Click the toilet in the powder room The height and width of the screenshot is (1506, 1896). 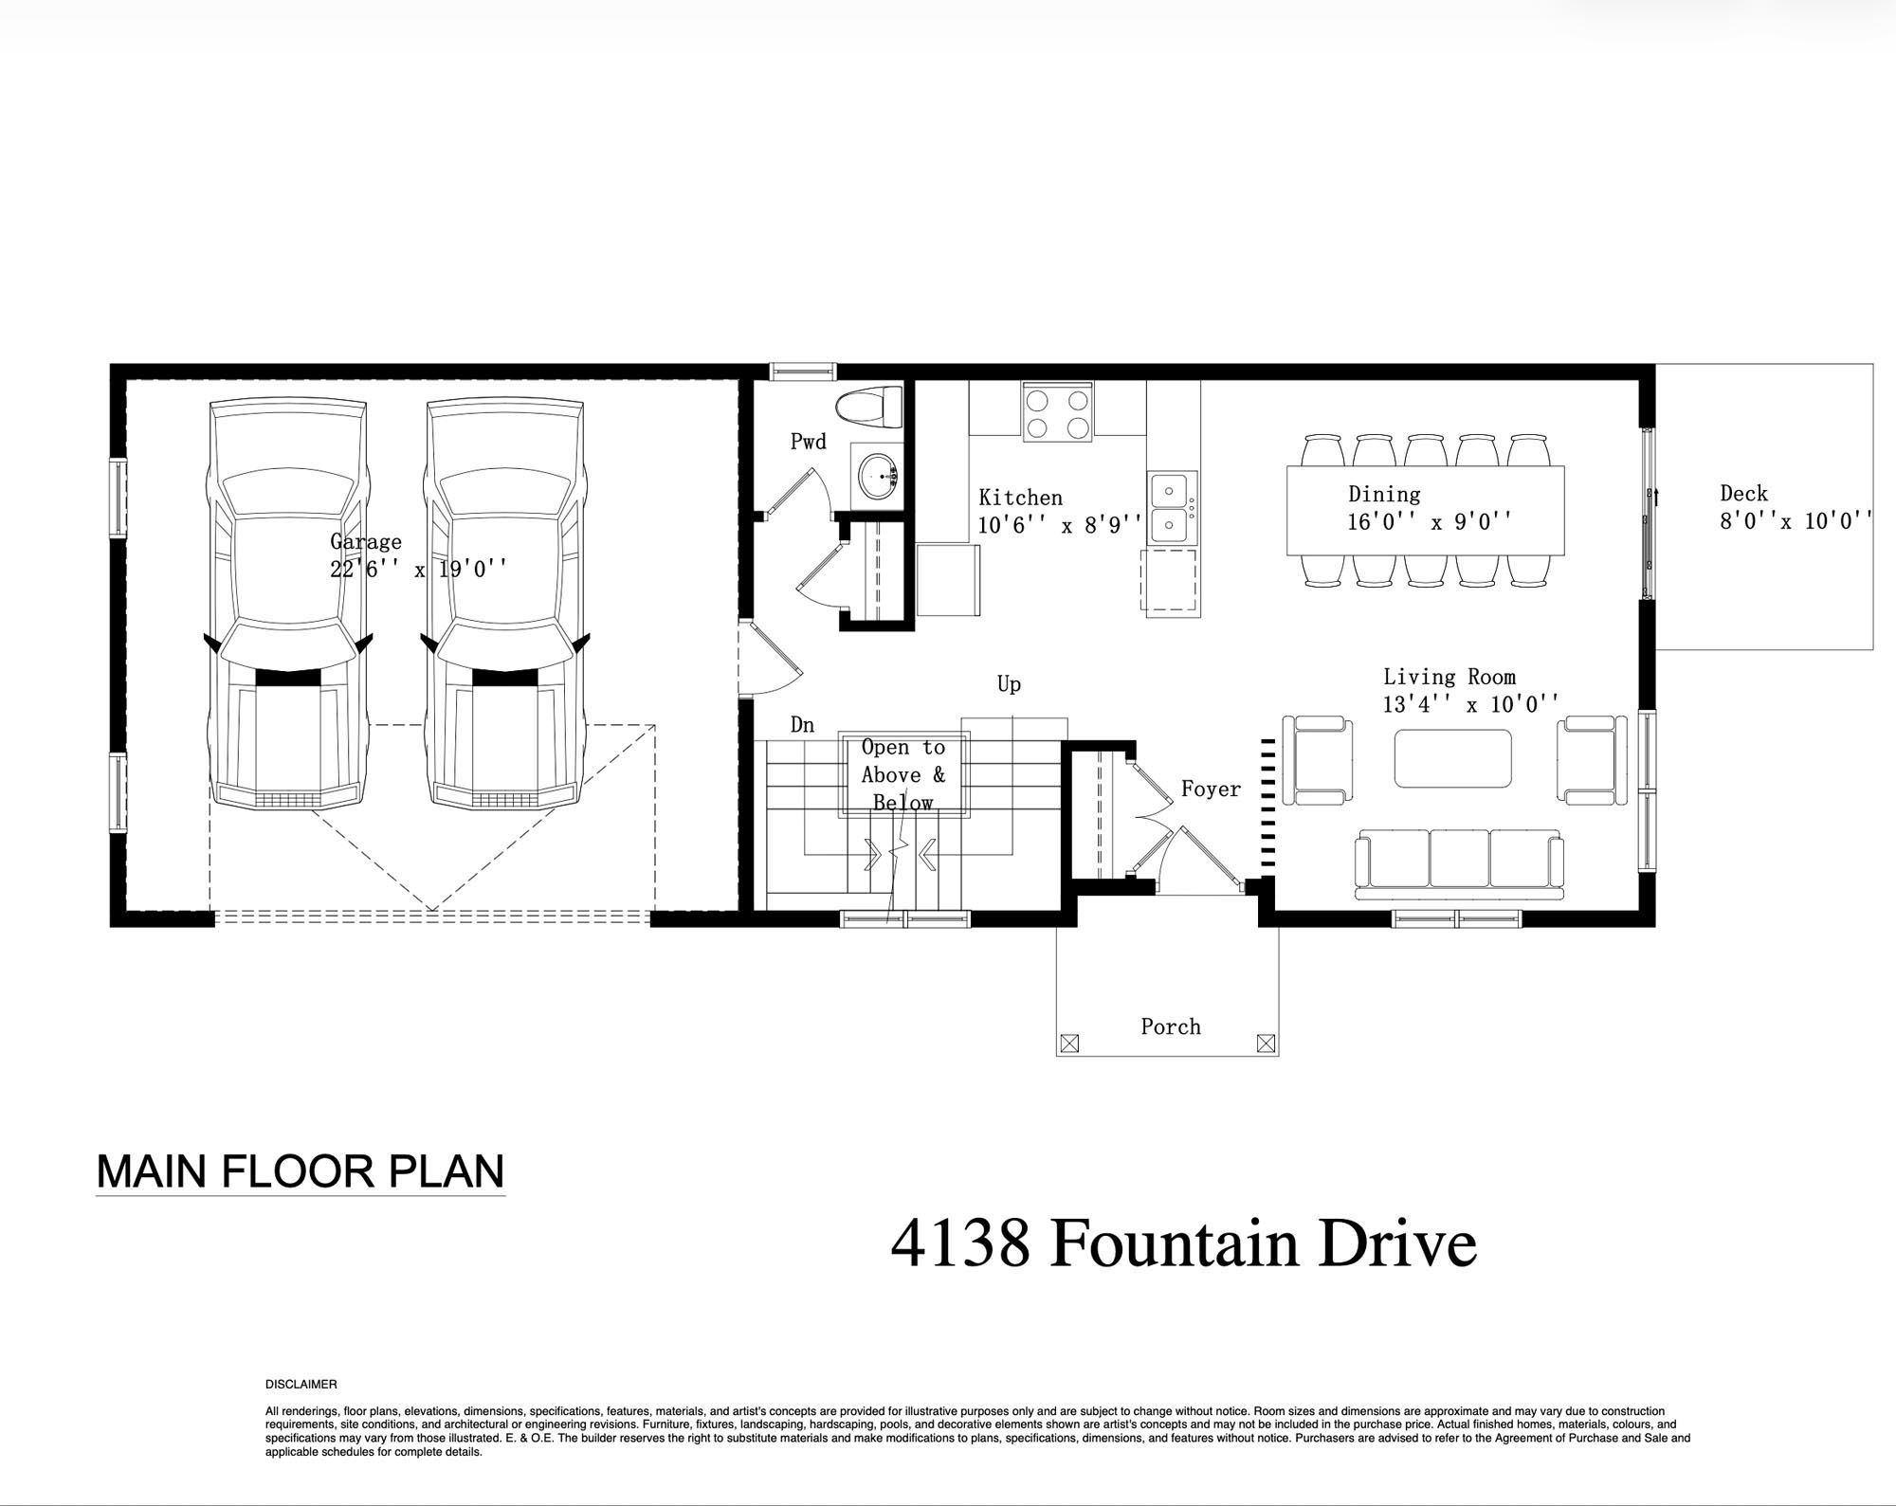(x=869, y=406)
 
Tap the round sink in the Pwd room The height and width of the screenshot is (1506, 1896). (x=876, y=473)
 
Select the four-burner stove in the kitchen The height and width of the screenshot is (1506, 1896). (x=1057, y=412)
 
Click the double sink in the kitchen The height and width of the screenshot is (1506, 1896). (x=1172, y=507)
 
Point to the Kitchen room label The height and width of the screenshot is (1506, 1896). (x=1020, y=498)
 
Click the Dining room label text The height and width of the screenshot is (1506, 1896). (x=1384, y=494)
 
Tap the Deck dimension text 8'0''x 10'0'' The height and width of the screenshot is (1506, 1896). (x=1796, y=520)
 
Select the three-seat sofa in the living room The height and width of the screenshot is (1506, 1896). (x=1458, y=863)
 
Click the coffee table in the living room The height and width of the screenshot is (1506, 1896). (x=1452, y=757)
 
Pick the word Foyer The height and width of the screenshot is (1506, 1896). (x=1211, y=789)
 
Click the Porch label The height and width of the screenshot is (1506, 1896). (x=1171, y=1026)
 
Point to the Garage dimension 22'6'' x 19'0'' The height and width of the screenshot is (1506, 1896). (x=418, y=569)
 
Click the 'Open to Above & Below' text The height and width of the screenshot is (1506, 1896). (x=903, y=774)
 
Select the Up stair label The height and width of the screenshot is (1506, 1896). (x=1009, y=684)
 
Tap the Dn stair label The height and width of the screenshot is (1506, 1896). (x=802, y=725)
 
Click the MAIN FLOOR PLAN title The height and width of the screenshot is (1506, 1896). (x=301, y=1171)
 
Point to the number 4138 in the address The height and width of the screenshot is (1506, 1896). (x=960, y=1243)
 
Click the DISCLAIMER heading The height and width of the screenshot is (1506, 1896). (x=301, y=1385)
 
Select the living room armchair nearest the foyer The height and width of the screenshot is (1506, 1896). (x=1318, y=760)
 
